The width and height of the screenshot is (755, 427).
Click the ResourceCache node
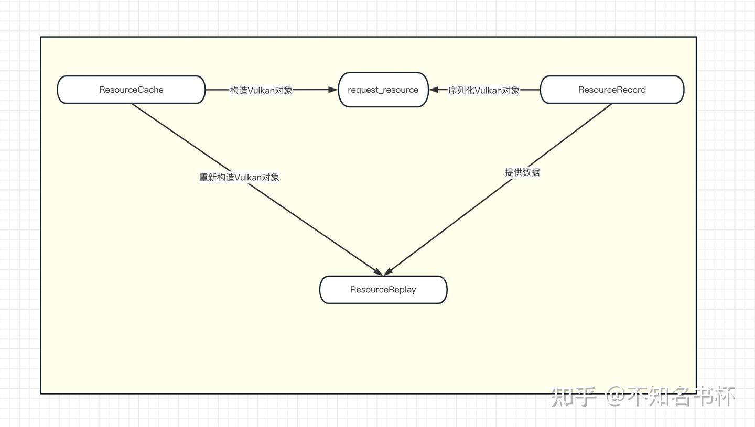[131, 90]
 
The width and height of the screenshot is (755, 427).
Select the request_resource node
[383, 90]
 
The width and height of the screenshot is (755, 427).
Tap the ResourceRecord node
[612, 90]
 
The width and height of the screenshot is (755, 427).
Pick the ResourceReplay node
[383, 290]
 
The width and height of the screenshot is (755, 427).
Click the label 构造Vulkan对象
[261, 90]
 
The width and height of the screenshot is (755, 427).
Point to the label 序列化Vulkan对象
[483, 90]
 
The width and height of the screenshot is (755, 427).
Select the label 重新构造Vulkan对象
[239, 177]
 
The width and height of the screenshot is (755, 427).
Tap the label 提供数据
[522, 172]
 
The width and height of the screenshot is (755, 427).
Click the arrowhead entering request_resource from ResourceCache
[333, 90]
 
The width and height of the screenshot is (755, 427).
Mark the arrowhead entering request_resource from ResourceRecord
[434, 90]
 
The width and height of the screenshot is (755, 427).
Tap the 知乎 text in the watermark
[574, 397]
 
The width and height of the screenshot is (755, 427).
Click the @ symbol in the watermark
[616, 397]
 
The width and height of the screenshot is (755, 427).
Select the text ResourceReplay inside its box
[383, 290]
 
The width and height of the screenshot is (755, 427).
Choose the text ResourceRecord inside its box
[612, 90]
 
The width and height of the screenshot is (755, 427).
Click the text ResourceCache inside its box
[131, 90]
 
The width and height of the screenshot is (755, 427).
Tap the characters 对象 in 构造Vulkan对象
[284, 90]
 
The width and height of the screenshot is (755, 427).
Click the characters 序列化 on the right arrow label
[461, 90]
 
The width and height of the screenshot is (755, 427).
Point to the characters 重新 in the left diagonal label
[208, 177]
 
